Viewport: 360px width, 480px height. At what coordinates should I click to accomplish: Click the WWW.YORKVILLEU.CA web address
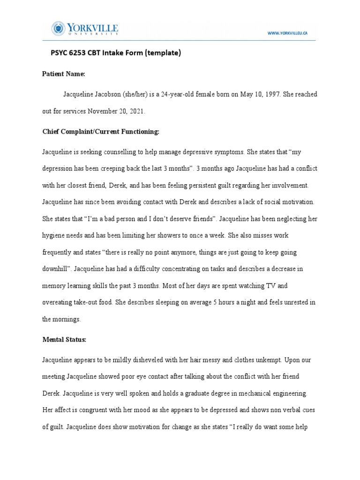click(x=287, y=33)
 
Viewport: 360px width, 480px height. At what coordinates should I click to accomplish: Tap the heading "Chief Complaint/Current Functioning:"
click(x=101, y=132)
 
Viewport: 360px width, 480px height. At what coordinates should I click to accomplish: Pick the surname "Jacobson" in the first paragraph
click(x=107, y=94)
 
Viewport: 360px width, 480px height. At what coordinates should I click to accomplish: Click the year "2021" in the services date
click(x=136, y=112)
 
